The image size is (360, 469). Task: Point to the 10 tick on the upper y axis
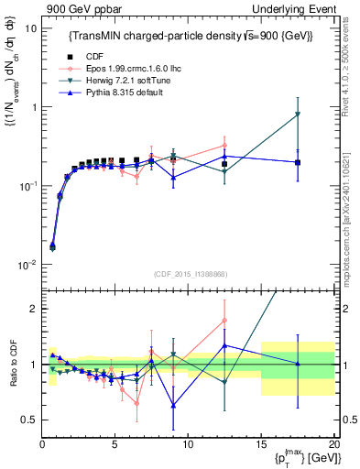(29, 28)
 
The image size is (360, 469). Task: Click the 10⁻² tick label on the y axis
(27, 265)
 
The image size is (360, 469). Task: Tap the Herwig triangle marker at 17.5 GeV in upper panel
(298, 115)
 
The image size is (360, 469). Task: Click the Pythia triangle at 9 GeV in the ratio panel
(173, 404)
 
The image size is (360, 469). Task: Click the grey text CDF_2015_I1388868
(188, 273)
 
